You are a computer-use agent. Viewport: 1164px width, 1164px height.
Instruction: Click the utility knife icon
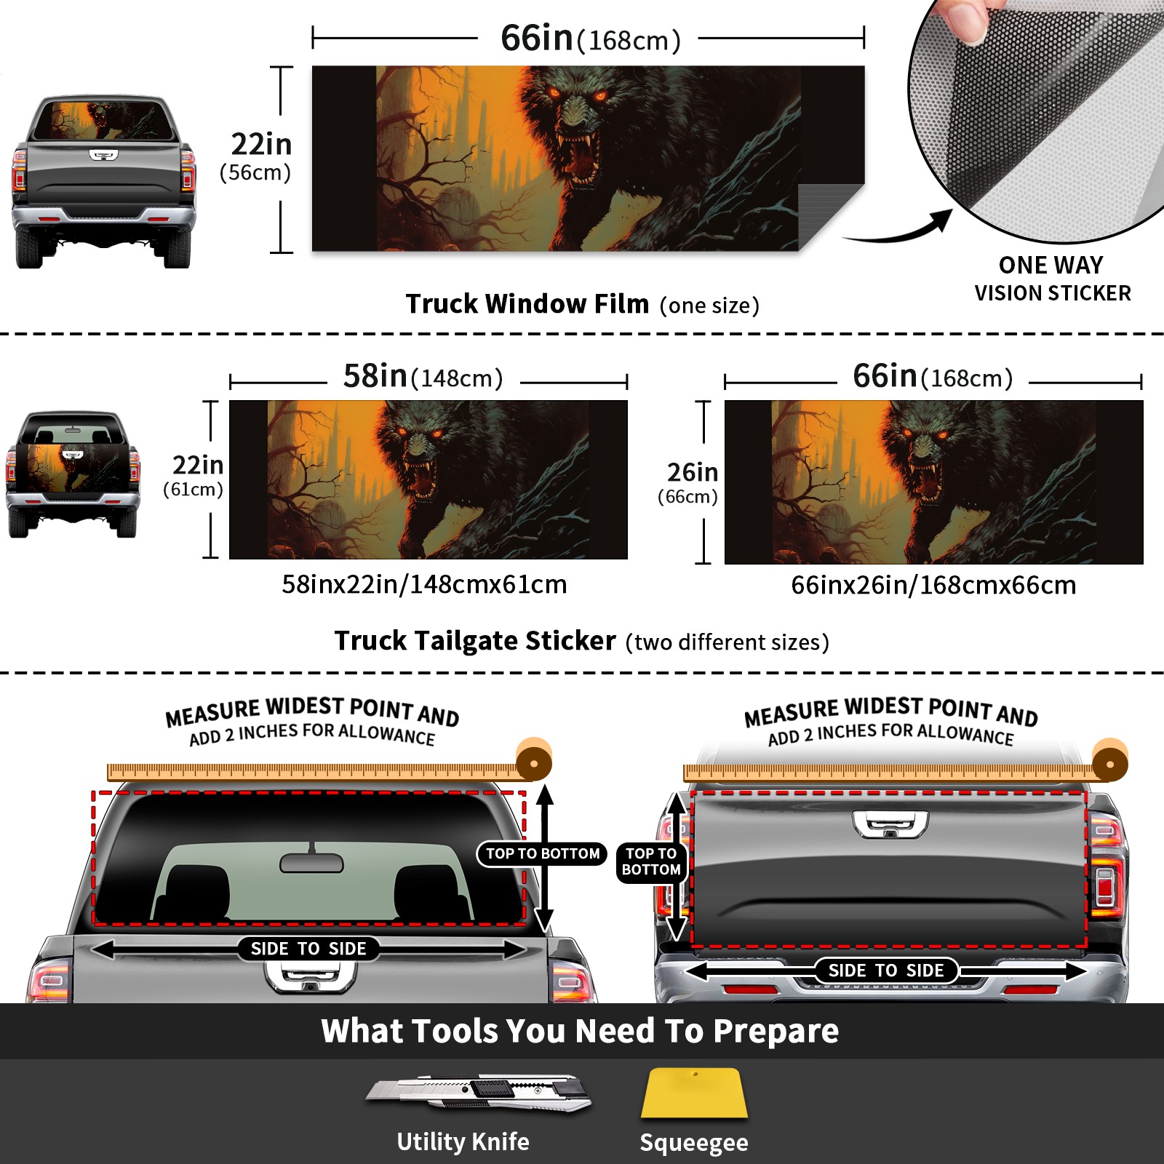[x=478, y=1092]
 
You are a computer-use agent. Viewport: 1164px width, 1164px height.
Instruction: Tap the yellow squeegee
[x=694, y=1093]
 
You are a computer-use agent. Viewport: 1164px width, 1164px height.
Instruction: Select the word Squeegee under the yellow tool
[x=694, y=1142]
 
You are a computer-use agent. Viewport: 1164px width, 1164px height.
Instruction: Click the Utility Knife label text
[x=463, y=1141]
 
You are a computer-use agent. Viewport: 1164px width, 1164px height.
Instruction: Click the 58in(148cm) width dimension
[x=423, y=377]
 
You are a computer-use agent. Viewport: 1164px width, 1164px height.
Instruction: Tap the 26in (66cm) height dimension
[x=688, y=482]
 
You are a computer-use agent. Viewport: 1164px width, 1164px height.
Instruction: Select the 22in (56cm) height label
[x=256, y=156]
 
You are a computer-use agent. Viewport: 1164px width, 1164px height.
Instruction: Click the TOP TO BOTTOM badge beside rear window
[x=543, y=853]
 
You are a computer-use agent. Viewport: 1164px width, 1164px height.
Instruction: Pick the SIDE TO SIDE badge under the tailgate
[x=885, y=970]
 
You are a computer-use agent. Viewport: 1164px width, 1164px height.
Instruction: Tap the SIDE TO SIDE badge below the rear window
[x=308, y=949]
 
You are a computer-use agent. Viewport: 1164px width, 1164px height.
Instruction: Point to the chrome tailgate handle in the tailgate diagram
[x=890, y=824]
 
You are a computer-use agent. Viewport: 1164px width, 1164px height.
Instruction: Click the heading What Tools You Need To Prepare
[x=580, y=1031]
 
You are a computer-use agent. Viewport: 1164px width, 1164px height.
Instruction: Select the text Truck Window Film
[x=527, y=303]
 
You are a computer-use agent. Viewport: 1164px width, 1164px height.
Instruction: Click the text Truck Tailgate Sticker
[x=475, y=641]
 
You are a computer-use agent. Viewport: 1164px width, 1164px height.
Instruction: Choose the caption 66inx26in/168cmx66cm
[x=933, y=585]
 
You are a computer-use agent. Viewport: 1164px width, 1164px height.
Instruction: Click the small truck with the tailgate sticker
[x=73, y=474]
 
